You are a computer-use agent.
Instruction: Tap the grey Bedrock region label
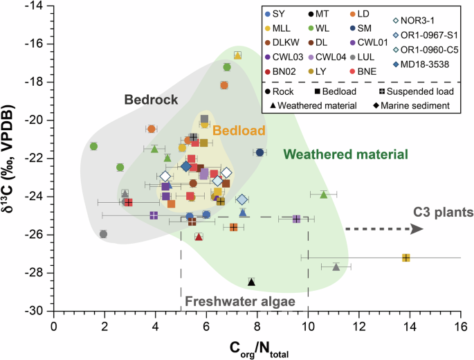click(152, 100)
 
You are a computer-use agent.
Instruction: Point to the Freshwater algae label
click(240, 301)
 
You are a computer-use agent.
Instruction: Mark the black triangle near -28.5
click(252, 282)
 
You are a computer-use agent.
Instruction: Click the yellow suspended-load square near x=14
click(406, 258)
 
